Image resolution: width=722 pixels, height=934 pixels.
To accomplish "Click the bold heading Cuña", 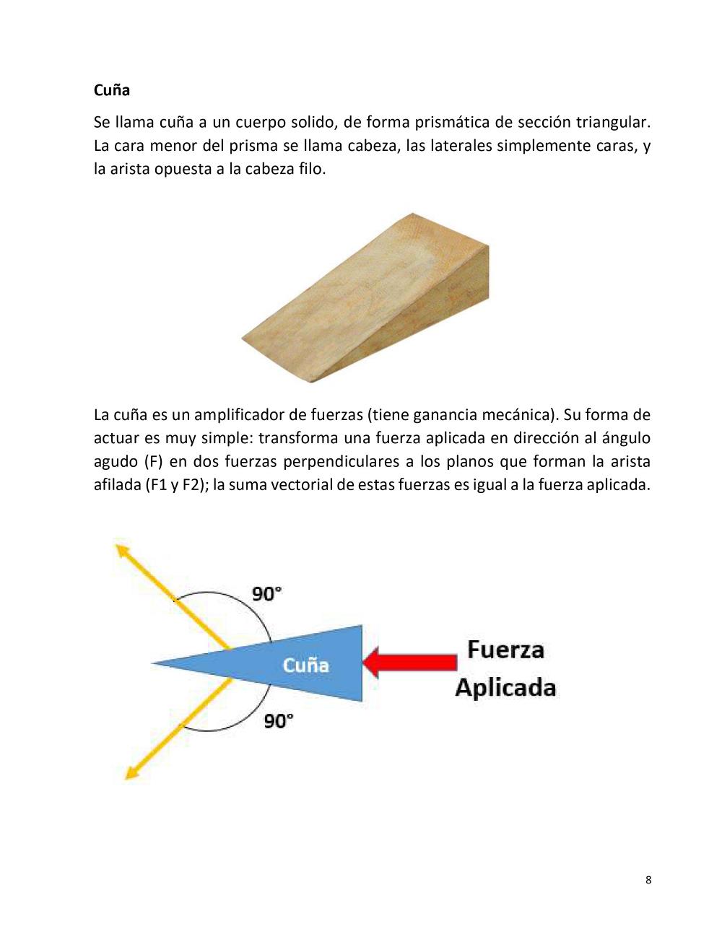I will click(112, 90).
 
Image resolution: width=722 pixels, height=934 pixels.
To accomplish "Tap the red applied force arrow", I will click(410, 662).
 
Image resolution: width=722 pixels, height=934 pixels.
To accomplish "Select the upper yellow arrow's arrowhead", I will click(122, 552).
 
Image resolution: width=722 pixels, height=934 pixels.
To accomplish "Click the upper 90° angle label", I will click(266, 594).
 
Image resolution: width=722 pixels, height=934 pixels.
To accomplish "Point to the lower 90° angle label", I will click(279, 720).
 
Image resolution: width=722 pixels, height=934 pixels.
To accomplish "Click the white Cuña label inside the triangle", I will click(305, 665).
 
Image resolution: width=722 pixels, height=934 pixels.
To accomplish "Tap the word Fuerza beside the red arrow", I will click(505, 650).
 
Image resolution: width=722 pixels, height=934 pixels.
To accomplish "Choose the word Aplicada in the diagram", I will click(505, 687).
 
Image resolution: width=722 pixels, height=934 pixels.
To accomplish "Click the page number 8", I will click(648, 879).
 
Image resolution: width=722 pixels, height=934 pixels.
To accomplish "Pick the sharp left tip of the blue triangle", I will click(155, 663).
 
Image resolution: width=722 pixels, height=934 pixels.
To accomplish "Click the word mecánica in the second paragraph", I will click(515, 415).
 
